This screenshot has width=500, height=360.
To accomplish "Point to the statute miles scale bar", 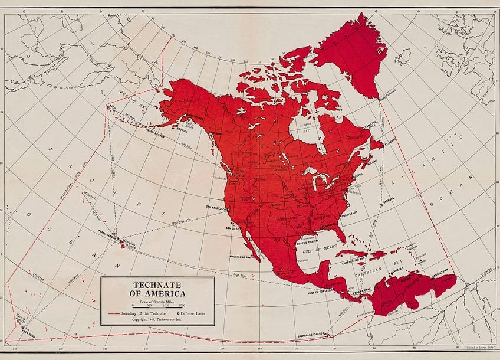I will click(157, 305).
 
